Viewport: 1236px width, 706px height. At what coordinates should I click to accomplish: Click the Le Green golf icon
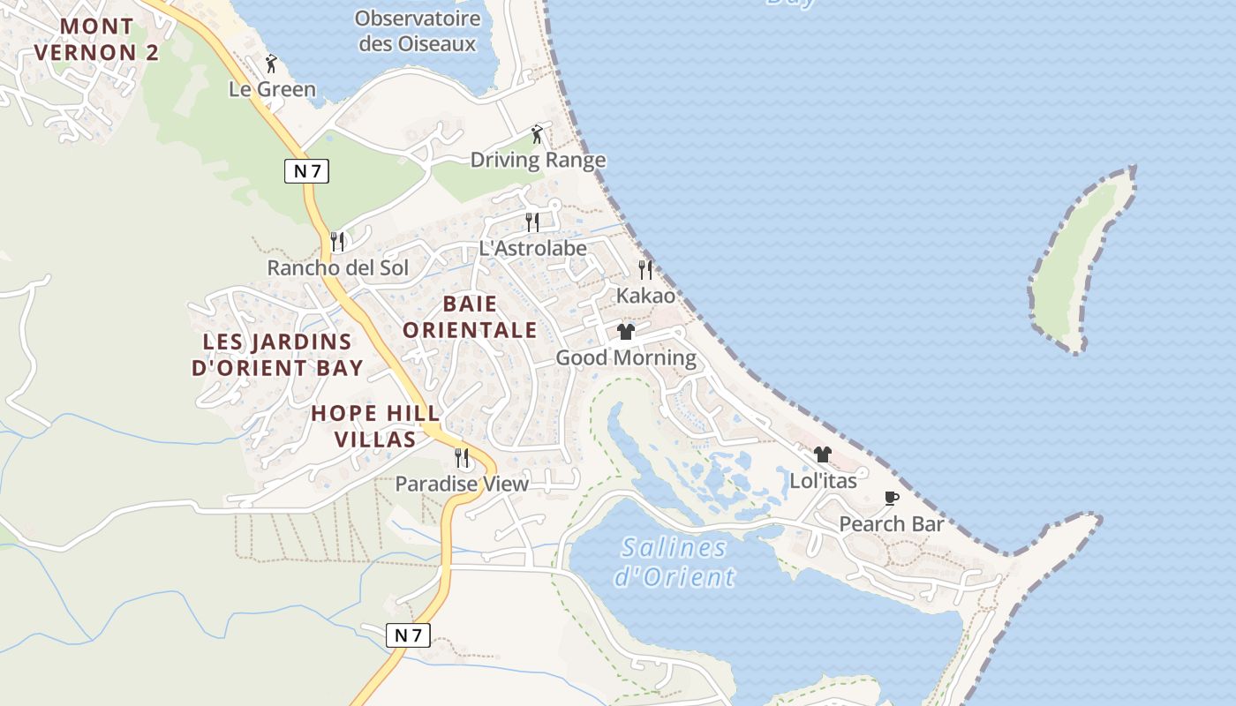click(272, 64)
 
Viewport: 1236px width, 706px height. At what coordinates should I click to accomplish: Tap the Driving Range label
click(538, 160)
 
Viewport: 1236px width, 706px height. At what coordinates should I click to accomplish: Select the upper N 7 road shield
click(306, 171)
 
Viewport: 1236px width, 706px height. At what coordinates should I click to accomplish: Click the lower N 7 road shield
click(408, 635)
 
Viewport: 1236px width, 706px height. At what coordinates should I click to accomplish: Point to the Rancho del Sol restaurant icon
click(336, 241)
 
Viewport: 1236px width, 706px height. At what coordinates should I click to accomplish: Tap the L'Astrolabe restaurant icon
click(532, 222)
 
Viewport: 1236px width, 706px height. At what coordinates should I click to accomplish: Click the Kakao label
click(645, 296)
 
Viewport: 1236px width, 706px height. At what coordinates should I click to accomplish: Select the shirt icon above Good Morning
click(626, 332)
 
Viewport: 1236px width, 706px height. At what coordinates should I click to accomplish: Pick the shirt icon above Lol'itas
click(823, 454)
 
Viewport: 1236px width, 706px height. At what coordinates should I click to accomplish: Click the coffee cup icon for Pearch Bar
click(892, 498)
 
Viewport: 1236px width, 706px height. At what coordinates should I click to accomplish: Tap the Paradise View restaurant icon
click(462, 457)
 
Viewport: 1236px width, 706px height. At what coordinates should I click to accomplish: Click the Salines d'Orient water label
click(675, 562)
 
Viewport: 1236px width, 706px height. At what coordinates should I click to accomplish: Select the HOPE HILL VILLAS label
click(375, 426)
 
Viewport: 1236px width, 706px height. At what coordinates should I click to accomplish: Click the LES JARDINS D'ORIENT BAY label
click(277, 355)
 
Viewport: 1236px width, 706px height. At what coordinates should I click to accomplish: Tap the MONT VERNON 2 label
click(96, 40)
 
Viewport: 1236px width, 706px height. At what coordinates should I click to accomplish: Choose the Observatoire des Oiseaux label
click(418, 31)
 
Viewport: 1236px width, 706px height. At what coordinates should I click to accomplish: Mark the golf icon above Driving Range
click(537, 134)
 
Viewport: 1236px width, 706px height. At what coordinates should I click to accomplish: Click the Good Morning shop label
click(625, 357)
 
